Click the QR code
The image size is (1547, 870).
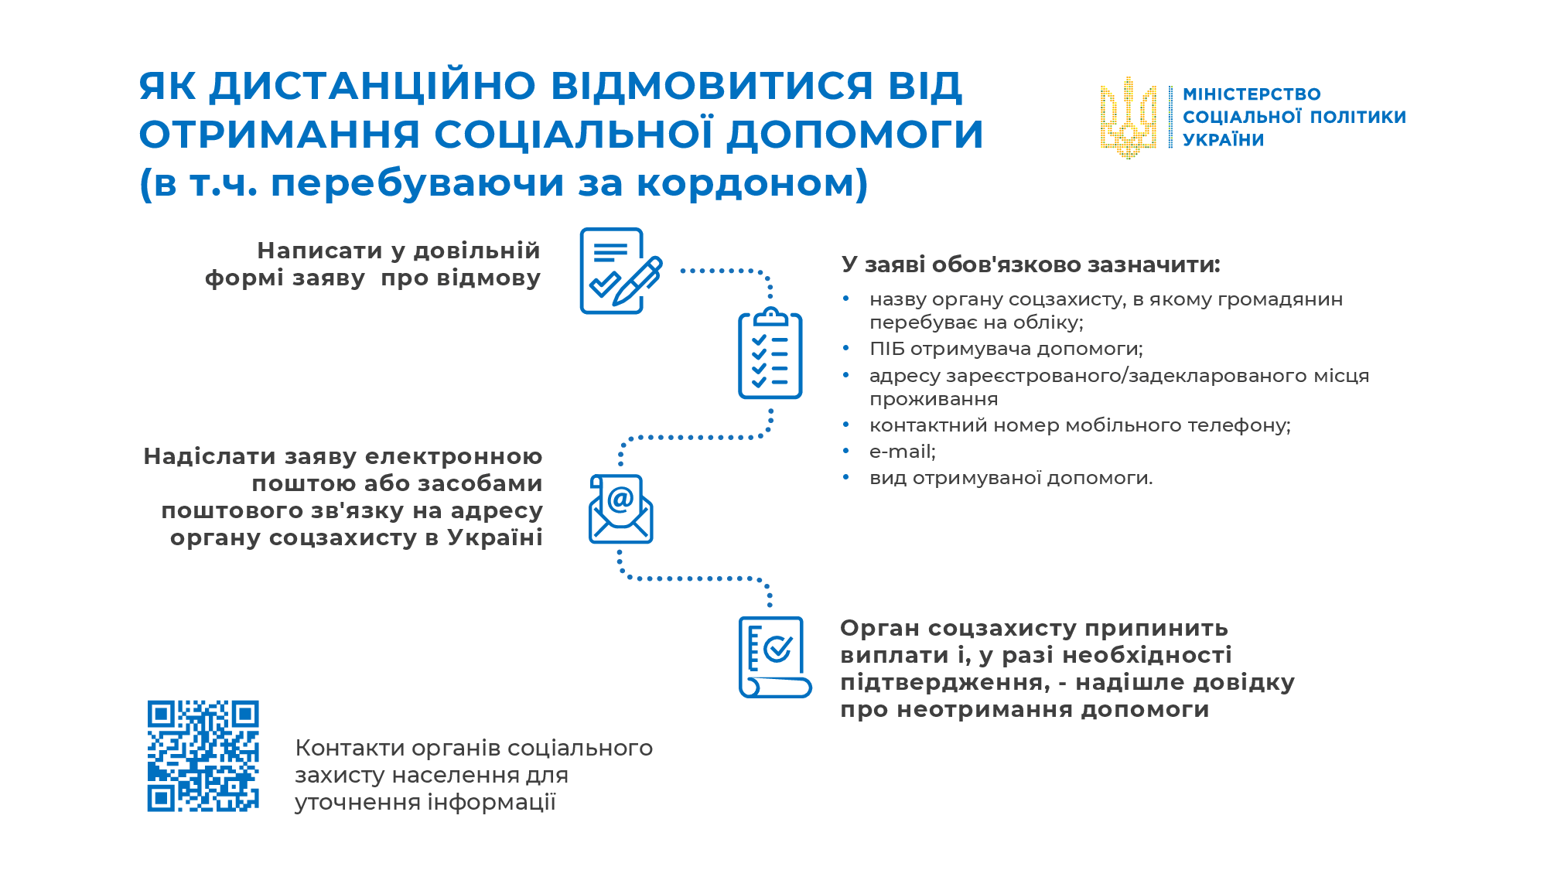point(203,756)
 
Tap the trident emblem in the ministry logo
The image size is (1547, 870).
point(1129,118)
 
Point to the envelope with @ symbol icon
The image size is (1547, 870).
point(621,509)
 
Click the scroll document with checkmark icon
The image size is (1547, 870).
point(774,657)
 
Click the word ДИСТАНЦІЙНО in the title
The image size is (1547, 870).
point(373,86)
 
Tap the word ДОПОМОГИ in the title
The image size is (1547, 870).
point(855,135)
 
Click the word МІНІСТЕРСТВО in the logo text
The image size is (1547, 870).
point(1252,94)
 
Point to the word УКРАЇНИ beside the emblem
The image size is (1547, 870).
point(1224,140)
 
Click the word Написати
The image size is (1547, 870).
point(319,251)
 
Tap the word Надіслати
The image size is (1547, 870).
point(210,456)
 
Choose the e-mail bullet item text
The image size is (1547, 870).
point(903,452)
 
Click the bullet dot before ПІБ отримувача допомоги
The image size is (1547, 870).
point(846,348)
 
